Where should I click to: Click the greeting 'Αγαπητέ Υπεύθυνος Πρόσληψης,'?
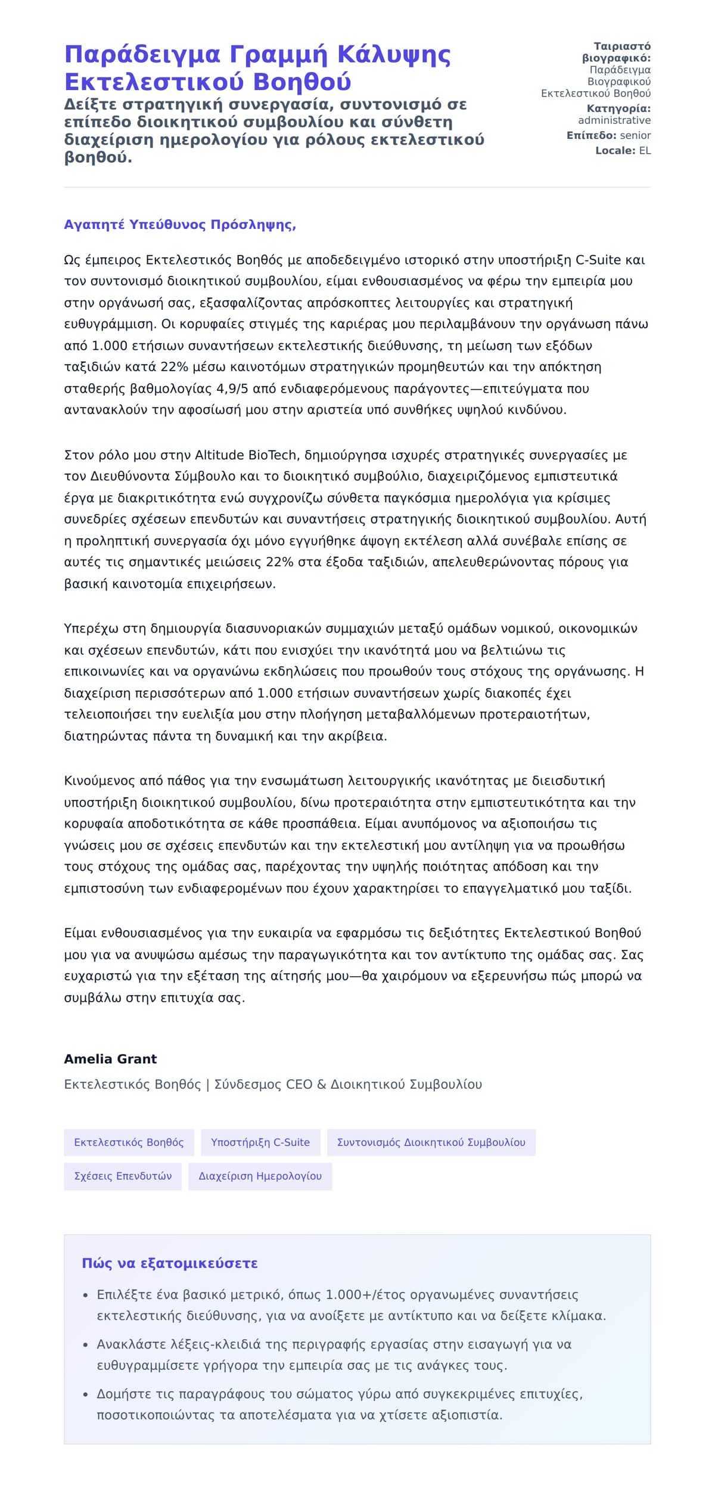pos(180,225)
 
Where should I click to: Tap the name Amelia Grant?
pos(110,1059)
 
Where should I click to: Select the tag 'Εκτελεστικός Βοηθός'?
pos(129,1142)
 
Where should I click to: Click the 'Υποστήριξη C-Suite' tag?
pos(260,1142)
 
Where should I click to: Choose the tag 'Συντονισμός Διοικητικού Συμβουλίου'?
pos(431,1142)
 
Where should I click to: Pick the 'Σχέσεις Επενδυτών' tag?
pos(123,1176)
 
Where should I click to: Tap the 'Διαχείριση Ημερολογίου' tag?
pos(260,1176)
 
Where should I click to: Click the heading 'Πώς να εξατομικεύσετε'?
pos(170,1263)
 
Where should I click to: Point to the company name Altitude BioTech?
pos(246,455)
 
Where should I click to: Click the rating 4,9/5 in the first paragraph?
pos(232,389)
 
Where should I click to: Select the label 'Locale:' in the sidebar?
pos(615,151)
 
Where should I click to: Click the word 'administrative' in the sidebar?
pos(614,120)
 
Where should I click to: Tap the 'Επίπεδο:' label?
pos(591,135)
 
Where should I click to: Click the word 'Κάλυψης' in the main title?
pos(394,55)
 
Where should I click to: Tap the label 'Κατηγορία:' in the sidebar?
pos(618,108)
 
